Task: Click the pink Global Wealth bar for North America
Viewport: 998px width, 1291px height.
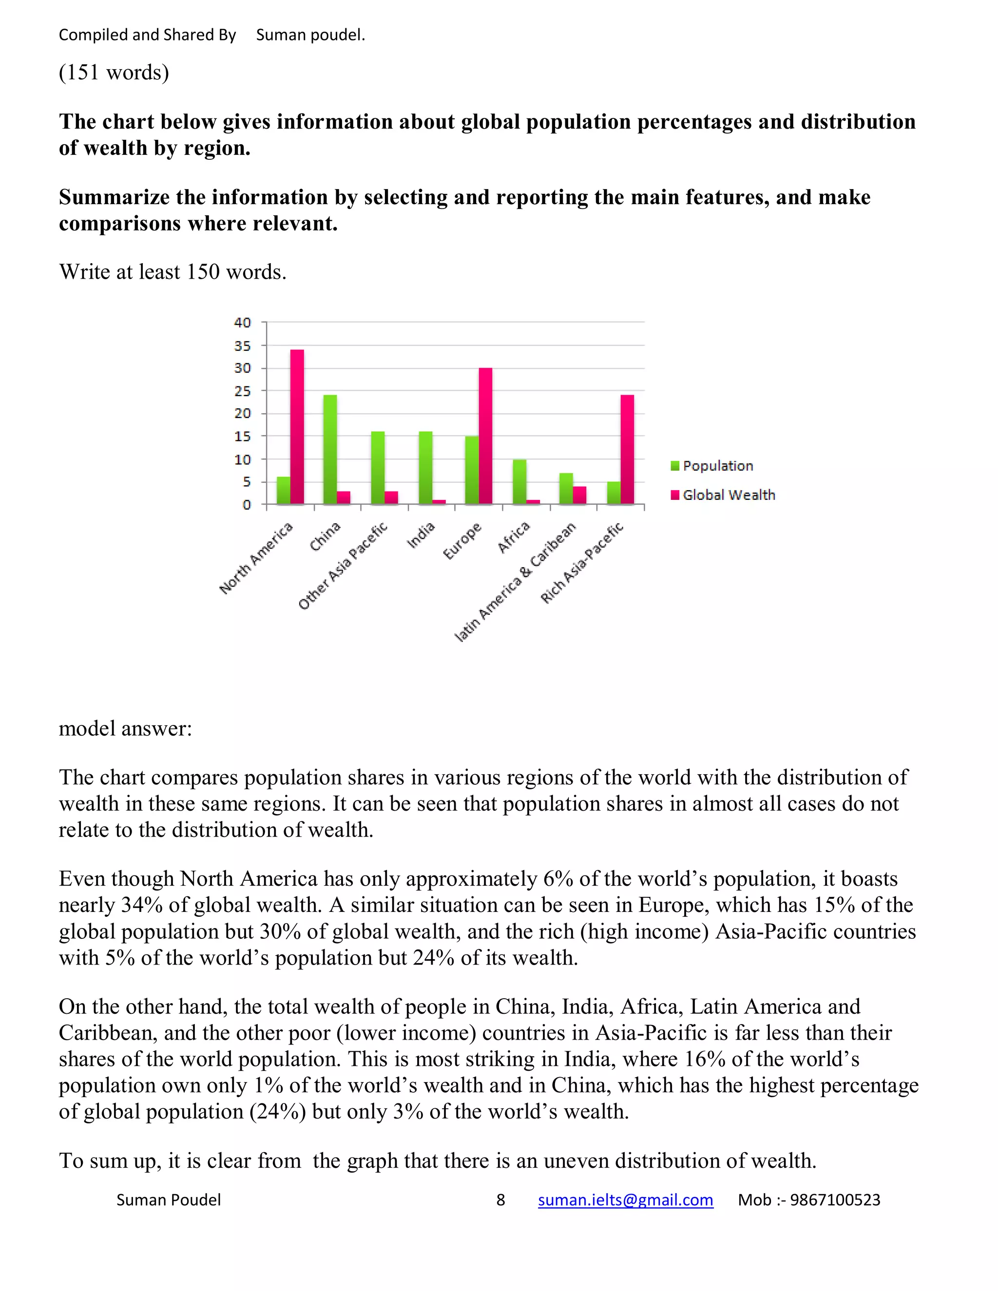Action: point(297,427)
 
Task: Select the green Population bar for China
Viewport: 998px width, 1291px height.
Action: point(330,449)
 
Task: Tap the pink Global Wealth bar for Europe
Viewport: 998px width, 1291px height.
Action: point(485,436)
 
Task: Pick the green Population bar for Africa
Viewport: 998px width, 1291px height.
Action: point(519,482)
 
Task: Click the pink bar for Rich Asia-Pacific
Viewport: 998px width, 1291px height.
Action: point(627,449)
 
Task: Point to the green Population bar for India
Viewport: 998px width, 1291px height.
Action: point(425,468)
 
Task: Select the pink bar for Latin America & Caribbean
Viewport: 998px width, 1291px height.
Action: point(579,495)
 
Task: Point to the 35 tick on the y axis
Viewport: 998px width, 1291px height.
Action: point(242,346)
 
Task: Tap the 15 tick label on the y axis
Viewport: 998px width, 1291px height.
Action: point(242,436)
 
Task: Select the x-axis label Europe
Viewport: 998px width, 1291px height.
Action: point(463,541)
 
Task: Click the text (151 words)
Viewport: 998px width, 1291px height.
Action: point(114,73)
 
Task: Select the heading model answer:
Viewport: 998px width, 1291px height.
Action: point(125,728)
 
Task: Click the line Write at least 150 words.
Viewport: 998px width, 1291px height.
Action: point(173,272)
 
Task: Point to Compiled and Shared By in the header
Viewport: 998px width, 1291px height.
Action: point(147,35)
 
